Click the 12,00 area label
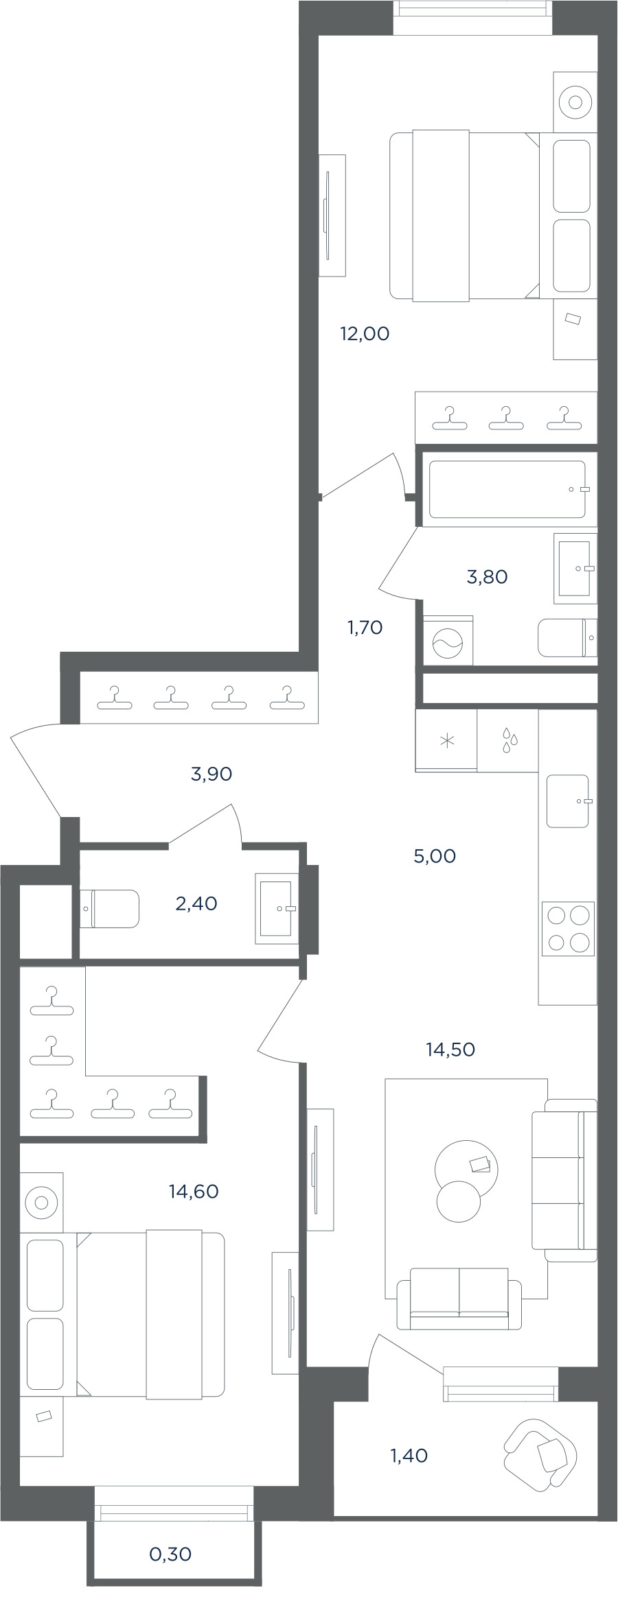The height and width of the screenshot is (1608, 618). [365, 334]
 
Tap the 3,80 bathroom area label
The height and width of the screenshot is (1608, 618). [487, 577]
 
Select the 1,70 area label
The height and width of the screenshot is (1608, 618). [365, 628]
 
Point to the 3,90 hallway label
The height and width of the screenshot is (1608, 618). [211, 775]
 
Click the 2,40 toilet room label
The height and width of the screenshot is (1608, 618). [196, 904]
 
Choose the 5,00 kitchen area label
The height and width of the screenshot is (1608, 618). [435, 857]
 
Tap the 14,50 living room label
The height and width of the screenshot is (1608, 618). [450, 1050]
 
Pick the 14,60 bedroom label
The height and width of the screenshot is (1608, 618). [194, 1192]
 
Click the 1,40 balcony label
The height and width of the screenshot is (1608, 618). [409, 1456]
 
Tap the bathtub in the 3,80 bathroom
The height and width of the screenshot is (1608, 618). [508, 489]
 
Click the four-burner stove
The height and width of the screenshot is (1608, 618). [568, 929]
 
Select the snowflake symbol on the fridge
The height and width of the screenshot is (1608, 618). [447, 741]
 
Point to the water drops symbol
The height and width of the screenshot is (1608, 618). [509, 741]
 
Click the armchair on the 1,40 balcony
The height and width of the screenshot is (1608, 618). [540, 1454]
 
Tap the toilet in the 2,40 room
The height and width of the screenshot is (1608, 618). [110, 909]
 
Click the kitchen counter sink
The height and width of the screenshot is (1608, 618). [569, 801]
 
